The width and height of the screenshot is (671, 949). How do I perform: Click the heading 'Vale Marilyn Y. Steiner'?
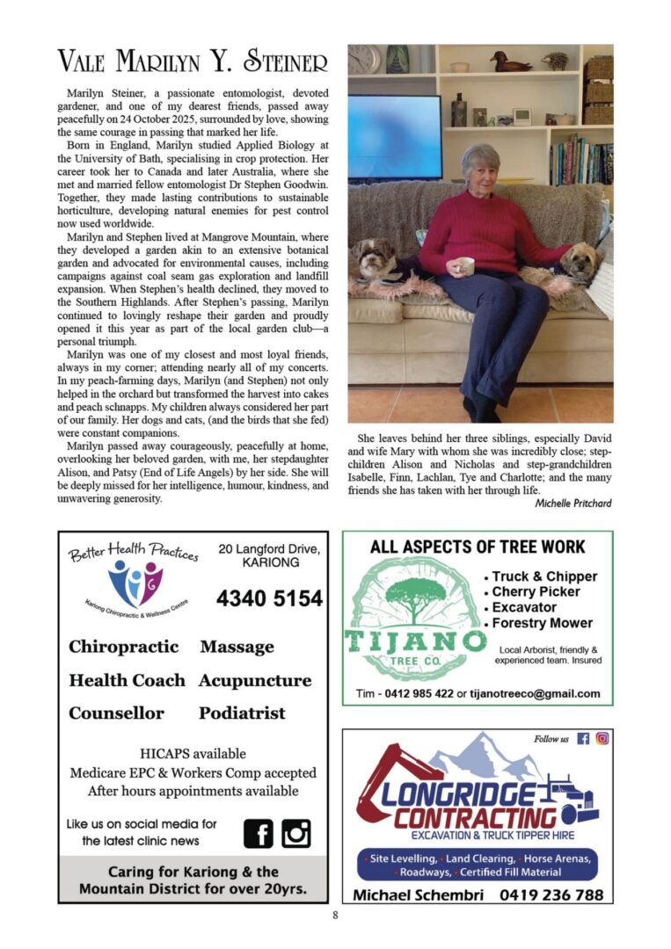tap(192, 62)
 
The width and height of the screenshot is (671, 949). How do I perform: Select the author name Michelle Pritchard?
tap(573, 503)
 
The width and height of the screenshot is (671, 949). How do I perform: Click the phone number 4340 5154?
tap(269, 598)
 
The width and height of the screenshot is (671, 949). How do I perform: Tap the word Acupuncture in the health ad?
tap(255, 680)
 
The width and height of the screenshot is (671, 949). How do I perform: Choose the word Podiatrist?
tap(242, 713)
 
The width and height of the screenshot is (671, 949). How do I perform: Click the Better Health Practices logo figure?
tap(135, 583)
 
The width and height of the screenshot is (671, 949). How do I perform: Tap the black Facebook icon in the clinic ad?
tap(259, 833)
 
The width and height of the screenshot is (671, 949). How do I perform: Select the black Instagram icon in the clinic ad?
tap(296, 833)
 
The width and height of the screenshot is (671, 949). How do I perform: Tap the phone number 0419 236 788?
tap(551, 895)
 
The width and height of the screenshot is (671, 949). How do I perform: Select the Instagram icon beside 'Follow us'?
tap(602, 739)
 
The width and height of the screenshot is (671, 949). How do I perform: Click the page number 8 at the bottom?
tap(335, 916)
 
